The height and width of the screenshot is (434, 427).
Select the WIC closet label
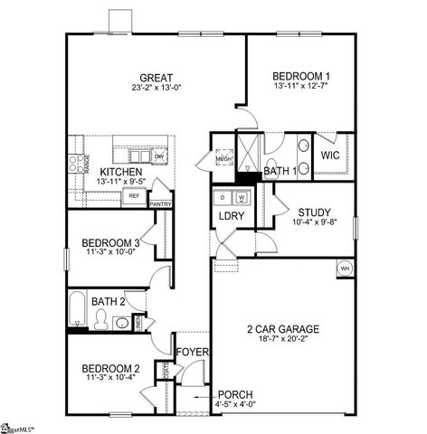329,155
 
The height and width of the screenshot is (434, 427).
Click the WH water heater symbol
345,268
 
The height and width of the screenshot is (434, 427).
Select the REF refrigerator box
134,194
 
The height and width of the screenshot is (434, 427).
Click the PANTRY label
161,204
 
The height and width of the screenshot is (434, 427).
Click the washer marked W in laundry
242,196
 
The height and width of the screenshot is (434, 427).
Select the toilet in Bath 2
102,319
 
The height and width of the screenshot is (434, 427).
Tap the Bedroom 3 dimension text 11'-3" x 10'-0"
110,253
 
